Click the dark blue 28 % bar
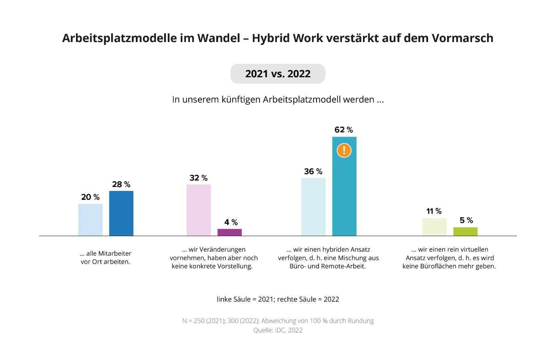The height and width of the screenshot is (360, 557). click(121, 213)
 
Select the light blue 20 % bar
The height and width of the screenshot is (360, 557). click(90, 220)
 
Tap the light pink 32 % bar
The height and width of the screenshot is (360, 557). click(198, 210)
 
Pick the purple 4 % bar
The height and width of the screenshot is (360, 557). click(230, 232)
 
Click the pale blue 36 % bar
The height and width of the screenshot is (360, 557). click(313, 207)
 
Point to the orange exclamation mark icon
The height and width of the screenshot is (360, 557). click(344, 150)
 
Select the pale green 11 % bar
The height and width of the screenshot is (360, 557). click(434, 227)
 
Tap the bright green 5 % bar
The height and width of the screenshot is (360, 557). click(465, 231)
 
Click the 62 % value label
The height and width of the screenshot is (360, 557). click(344, 130)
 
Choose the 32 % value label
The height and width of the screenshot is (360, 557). click(198, 178)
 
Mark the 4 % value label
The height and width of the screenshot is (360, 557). click(231, 222)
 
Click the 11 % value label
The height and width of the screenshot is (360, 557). click(434, 211)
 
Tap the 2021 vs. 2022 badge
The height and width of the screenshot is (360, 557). click(278, 74)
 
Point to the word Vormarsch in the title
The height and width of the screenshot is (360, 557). click(462, 38)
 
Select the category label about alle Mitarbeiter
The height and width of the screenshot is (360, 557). click(105, 258)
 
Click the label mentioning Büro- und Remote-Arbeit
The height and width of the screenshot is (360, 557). click(328, 258)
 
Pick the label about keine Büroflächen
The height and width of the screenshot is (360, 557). click(449, 258)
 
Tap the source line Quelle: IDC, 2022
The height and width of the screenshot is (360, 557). click(278, 330)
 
